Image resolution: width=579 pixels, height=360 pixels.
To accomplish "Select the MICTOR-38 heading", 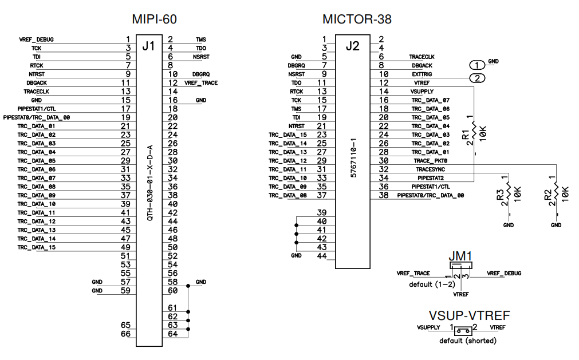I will click(357, 19).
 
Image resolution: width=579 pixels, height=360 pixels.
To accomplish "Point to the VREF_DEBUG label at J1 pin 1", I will click(37, 39).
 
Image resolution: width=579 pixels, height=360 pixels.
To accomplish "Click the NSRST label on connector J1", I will click(201, 57).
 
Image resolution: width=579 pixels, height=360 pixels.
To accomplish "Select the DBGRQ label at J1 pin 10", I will click(201, 74).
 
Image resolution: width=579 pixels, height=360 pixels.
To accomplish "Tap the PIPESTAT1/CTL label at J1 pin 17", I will click(37, 109).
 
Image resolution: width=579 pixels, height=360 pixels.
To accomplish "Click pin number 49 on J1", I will click(126, 247).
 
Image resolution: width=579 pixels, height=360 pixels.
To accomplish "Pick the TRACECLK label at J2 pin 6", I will click(422, 57).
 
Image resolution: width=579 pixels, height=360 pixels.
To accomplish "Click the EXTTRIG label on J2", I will click(422, 74).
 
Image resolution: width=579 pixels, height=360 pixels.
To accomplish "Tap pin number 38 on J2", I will click(384, 195).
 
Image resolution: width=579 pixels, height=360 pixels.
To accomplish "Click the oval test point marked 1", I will click(477, 65).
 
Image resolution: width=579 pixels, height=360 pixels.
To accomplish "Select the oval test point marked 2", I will click(477, 78).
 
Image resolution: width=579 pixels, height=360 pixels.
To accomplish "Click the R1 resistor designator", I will click(466, 134).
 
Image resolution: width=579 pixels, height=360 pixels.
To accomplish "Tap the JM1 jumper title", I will click(461, 256).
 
